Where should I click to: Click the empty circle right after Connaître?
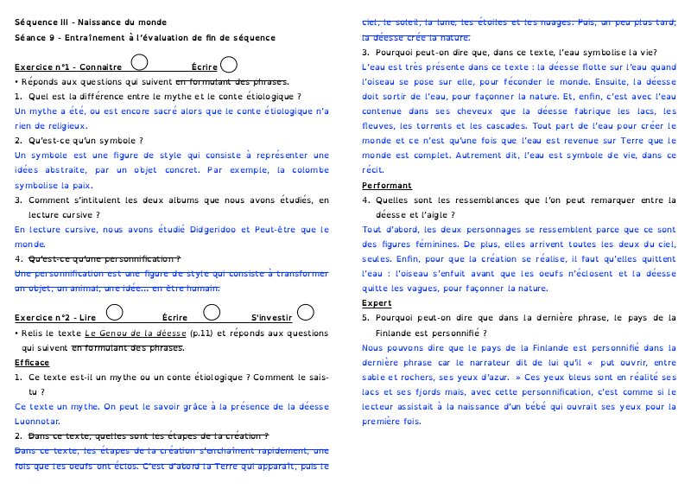click(x=141, y=62)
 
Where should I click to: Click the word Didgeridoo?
click(x=206, y=231)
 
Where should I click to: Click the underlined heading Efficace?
click(x=33, y=362)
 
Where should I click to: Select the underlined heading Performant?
click(x=387, y=186)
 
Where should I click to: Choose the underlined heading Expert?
click(x=377, y=303)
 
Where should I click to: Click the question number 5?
click(x=365, y=318)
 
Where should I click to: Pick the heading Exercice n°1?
click(x=44, y=67)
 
